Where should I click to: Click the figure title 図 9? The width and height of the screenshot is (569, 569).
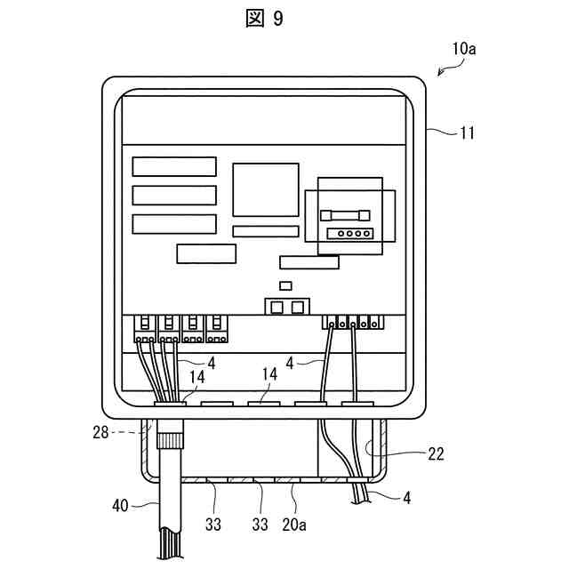click(264, 19)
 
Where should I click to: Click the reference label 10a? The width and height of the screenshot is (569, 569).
click(463, 50)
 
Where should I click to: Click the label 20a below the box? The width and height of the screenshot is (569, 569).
click(294, 525)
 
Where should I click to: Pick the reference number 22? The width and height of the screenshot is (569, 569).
click(435, 453)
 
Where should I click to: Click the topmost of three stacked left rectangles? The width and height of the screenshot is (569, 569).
click(174, 166)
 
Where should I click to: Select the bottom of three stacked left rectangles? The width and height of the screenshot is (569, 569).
click(174, 223)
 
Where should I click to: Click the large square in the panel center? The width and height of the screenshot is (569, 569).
click(265, 189)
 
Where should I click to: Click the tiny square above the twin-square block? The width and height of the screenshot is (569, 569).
click(284, 286)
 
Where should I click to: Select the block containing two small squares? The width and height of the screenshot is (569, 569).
click(285, 307)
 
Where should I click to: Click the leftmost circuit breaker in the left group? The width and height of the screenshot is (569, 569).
click(145, 329)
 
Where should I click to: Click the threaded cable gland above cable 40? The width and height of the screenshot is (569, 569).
click(170, 439)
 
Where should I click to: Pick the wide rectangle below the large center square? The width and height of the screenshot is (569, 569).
click(265, 231)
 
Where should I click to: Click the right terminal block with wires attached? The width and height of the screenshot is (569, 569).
click(354, 321)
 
